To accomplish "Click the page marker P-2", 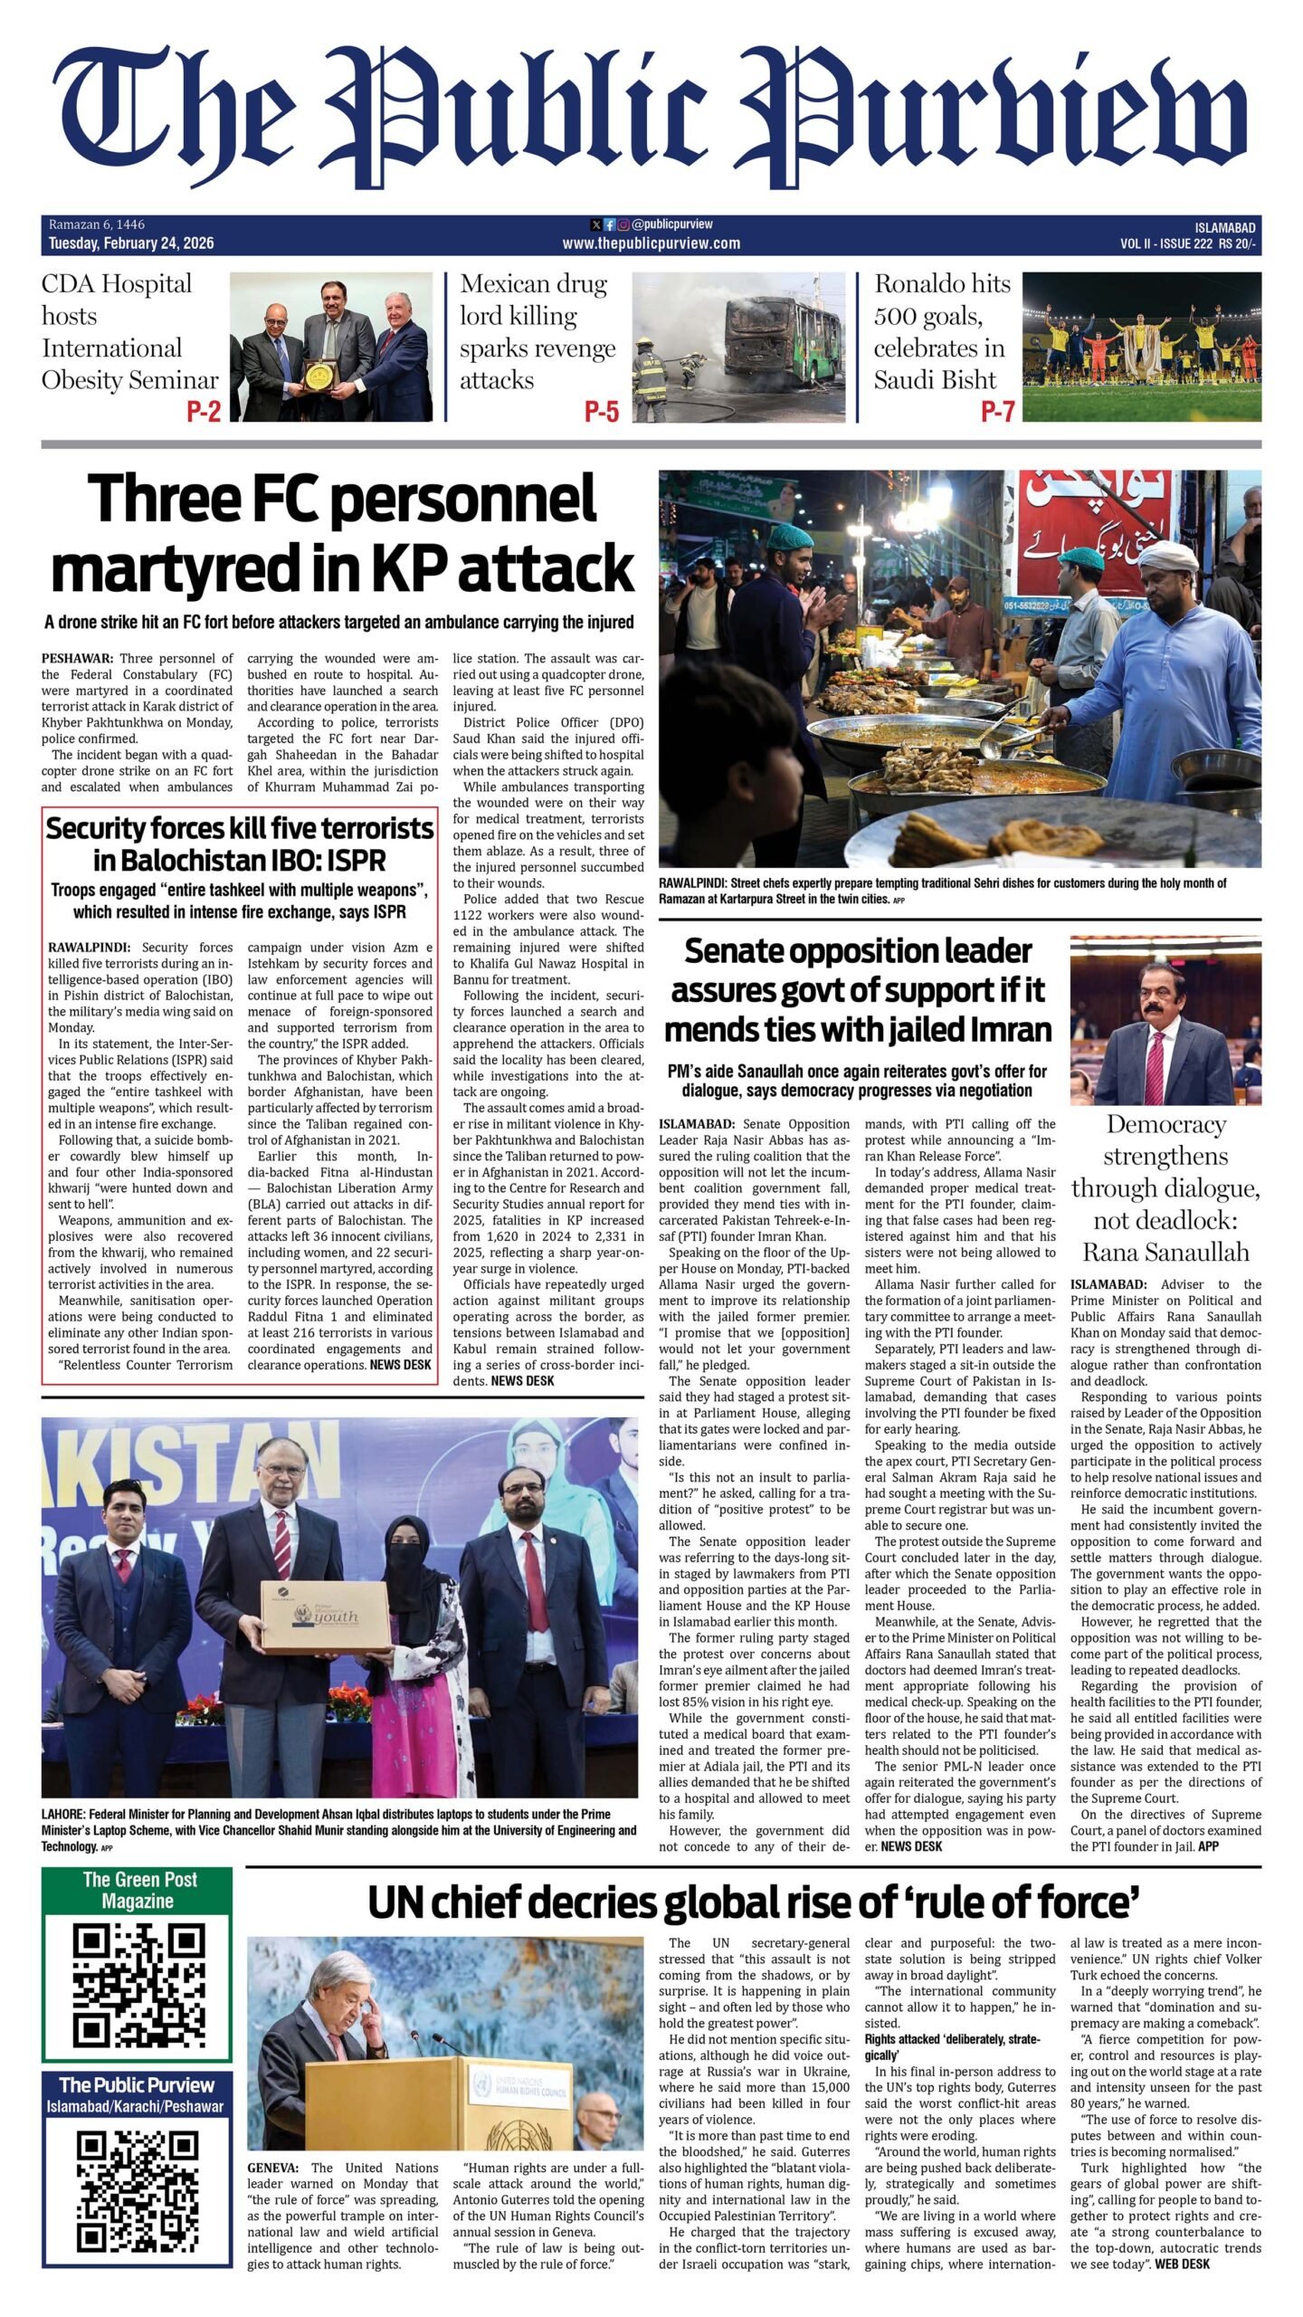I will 204,412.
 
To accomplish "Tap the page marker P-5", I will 602,412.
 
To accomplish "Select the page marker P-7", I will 997,412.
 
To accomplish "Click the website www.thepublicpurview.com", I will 651,243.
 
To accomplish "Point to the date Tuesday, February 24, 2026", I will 131,243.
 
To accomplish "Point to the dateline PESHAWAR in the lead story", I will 77,659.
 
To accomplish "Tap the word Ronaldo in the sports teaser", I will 942,284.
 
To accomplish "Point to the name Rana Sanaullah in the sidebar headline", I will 1165,1252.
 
